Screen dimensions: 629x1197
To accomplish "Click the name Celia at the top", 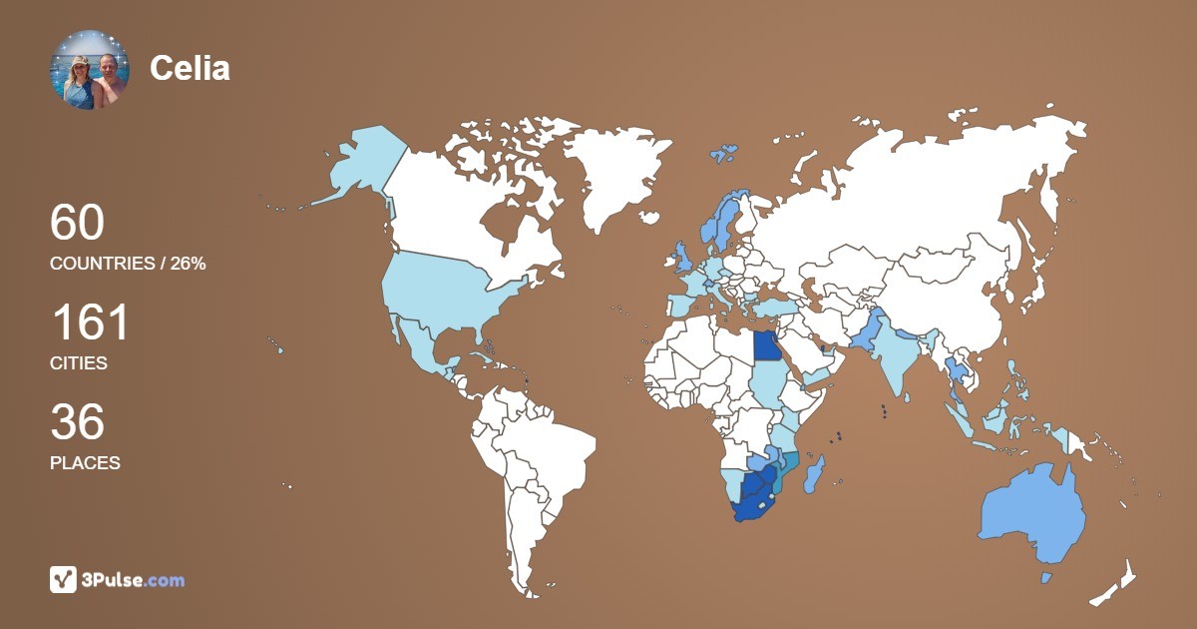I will tap(190, 68).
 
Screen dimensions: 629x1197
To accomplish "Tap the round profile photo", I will tap(89, 69).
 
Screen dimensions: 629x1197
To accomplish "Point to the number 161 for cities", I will tap(90, 322).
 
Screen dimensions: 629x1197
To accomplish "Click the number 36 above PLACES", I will tap(77, 422).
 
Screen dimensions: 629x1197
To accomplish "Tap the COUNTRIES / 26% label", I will tap(128, 264).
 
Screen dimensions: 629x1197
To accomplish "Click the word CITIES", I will tap(79, 363).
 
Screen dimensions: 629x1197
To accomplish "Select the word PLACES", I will tap(85, 463).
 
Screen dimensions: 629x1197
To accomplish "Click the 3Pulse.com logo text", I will tap(134, 580).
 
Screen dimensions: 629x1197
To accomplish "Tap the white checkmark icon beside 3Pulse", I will tap(63, 580).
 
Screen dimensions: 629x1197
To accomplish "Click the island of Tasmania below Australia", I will tap(1046, 578).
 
